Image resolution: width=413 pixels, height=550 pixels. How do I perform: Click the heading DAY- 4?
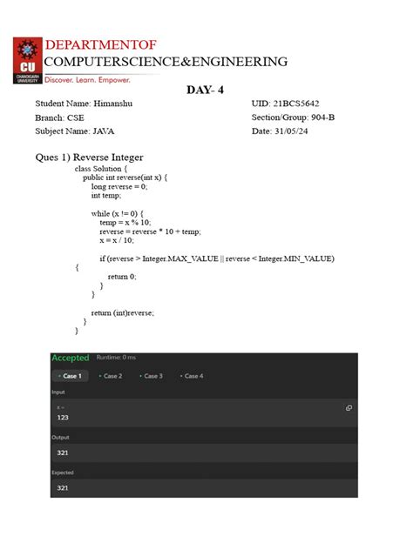(x=207, y=91)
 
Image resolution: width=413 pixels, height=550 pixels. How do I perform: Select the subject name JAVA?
(x=109, y=131)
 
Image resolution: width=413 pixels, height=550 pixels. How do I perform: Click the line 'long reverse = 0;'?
(x=119, y=186)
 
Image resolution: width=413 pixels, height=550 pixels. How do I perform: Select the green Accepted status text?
(x=71, y=358)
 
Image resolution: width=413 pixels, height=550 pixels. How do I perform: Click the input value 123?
(x=63, y=418)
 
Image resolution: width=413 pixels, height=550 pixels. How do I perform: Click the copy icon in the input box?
(x=349, y=407)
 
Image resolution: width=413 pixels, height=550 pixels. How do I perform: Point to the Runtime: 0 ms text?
(x=116, y=358)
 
